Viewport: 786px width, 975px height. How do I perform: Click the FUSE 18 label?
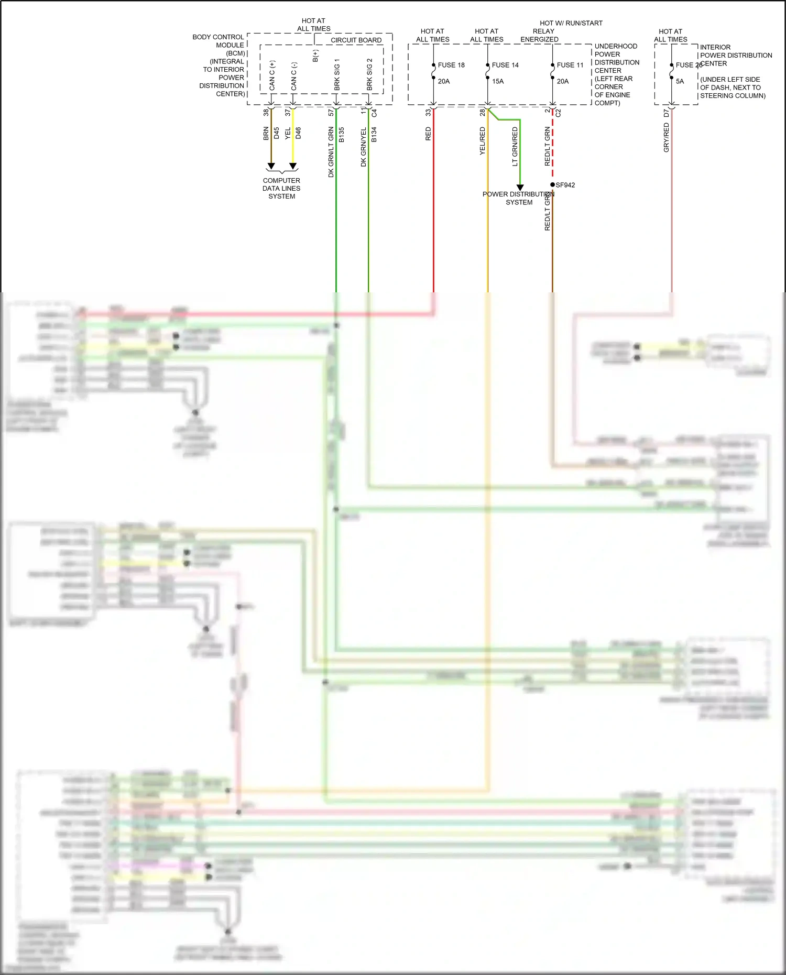tap(451, 65)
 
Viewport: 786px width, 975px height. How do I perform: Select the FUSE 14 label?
tap(505, 65)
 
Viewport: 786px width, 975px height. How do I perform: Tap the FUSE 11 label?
tap(570, 65)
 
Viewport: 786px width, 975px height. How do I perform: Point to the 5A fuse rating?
tap(680, 81)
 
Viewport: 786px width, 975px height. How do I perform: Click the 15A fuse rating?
tap(498, 81)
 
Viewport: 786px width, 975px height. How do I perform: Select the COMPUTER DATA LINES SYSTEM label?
tap(281, 188)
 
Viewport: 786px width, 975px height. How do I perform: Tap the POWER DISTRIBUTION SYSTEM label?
tap(518, 198)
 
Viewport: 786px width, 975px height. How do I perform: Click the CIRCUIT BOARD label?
tap(356, 40)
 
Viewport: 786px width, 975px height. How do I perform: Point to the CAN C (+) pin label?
tap(272, 75)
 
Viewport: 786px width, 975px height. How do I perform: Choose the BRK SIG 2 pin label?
tap(369, 74)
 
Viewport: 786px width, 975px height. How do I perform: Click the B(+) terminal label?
tap(315, 56)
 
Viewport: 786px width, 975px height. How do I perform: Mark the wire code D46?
tap(298, 133)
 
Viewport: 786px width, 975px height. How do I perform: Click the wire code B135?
tap(342, 135)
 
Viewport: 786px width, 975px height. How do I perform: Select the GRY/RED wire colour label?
tap(666, 137)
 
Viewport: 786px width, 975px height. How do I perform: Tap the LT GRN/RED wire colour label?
tap(515, 147)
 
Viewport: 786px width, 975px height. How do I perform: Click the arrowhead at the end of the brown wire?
tap(271, 166)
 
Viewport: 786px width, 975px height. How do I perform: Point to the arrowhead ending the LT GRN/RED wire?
tap(520, 187)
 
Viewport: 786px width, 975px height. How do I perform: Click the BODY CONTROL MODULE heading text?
tap(218, 41)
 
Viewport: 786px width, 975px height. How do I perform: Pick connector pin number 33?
tap(428, 112)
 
